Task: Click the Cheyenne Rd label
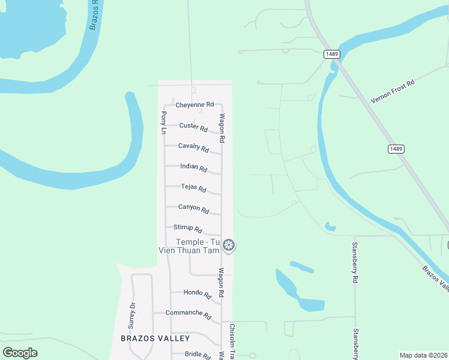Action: point(194,104)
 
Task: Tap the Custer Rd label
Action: point(193,127)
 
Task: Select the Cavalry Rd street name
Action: point(193,148)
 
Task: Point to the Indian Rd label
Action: point(193,169)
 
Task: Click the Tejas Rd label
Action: point(193,188)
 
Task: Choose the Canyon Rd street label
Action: point(193,209)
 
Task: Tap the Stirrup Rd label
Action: point(188,229)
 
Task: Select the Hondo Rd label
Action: point(197,294)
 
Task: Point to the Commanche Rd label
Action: point(188,314)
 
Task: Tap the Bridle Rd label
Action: point(197,355)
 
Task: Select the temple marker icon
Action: point(228,245)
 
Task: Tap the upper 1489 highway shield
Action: point(332,54)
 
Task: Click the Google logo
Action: point(20,353)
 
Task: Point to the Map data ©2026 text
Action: point(423,355)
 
